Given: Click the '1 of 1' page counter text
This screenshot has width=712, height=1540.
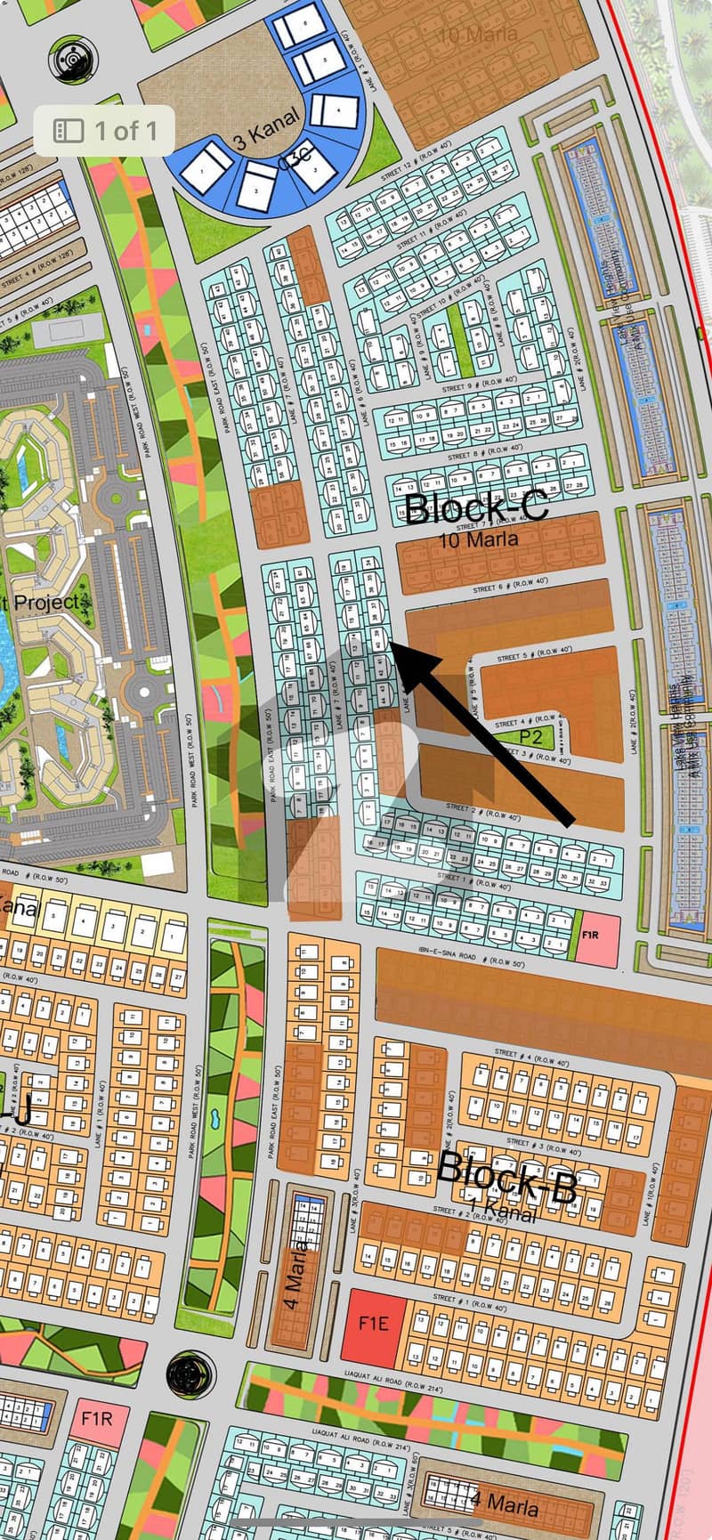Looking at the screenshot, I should tap(125, 131).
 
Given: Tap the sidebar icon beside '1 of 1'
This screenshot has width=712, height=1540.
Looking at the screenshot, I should tap(69, 131).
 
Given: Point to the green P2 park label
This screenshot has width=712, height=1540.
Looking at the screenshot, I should tap(530, 737).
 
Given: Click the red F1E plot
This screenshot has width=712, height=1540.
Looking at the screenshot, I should tap(375, 1323).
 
